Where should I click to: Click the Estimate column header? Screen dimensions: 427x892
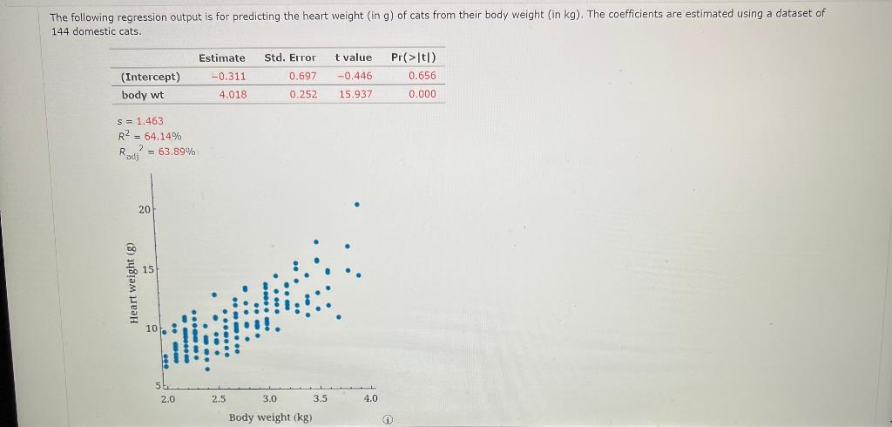(x=221, y=58)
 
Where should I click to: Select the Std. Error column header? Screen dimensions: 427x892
(x=290, y=58)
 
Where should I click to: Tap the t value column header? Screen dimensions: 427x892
(x=352, y=58)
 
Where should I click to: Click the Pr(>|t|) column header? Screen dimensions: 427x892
(x=414, y=58)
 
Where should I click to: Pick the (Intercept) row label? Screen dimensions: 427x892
(x=151, y=76)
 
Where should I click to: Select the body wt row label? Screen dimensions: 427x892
(x=142, y=94)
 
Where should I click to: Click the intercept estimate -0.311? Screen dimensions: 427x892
(x=228, y=76)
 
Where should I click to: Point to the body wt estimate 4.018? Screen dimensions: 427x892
(x=233, y=94)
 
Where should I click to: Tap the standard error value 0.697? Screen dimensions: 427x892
(x=302, y=76)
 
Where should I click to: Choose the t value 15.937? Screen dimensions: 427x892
(x=355, y=94)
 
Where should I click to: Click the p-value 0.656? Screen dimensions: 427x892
(x=422, y=76)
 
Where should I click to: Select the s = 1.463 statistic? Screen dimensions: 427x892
(x=140, y=121)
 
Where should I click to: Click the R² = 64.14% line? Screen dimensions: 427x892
(x=149, y=136)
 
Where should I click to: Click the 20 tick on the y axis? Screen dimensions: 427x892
(x=143, y=210)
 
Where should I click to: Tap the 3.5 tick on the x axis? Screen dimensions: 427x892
(x=321, y=398)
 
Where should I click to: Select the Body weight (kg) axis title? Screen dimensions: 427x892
(x=270, y=417)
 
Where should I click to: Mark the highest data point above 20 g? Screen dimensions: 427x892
(x=357, y=205)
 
